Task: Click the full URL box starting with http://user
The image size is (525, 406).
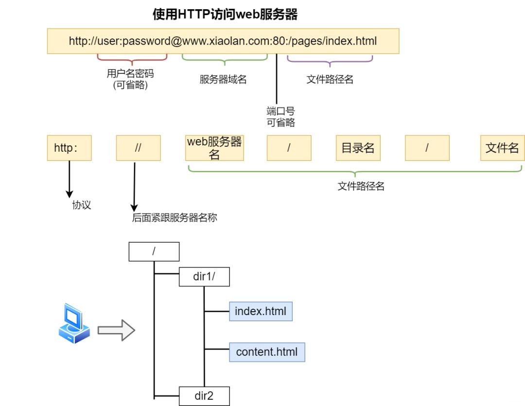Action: point(223,41)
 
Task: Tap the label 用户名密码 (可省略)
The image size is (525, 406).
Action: point(130,80)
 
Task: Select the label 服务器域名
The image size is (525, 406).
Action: point(223,80)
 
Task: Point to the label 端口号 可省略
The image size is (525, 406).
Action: point(280,117)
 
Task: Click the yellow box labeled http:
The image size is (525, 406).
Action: point(69,148)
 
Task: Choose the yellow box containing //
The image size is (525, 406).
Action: point(138,148)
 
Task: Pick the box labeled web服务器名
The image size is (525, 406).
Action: point(214,148)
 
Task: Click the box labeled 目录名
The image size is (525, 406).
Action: point(358,148)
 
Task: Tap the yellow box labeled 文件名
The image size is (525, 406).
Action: point(502,148)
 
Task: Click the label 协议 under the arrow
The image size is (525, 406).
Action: point(82,205)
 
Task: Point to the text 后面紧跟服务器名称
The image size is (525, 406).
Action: point(175,218)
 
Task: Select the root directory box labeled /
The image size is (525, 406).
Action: point(154,252)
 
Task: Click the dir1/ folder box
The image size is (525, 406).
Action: point(204,277)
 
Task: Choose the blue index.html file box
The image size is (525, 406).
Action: point(261,311)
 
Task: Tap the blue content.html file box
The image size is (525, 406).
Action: point(267,352)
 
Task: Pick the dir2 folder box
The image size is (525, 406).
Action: point(204,396)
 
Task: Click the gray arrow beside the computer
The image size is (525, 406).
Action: point(116,330)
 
